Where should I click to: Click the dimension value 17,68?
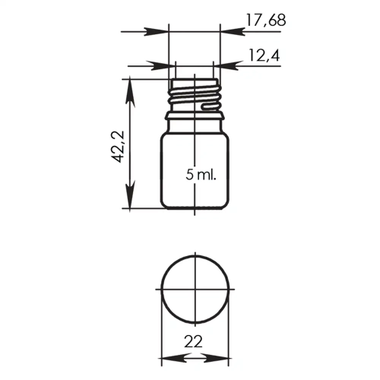click(266, 21)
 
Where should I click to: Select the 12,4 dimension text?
click(264, 55)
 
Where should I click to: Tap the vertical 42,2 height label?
click(118, 147)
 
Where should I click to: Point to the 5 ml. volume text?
click(201, 174)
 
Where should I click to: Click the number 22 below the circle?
click(193, 341)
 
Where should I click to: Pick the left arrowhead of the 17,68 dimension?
click(157, 32)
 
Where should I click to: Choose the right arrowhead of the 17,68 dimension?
click(233, 32)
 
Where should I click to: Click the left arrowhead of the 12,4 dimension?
click(161, 66)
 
